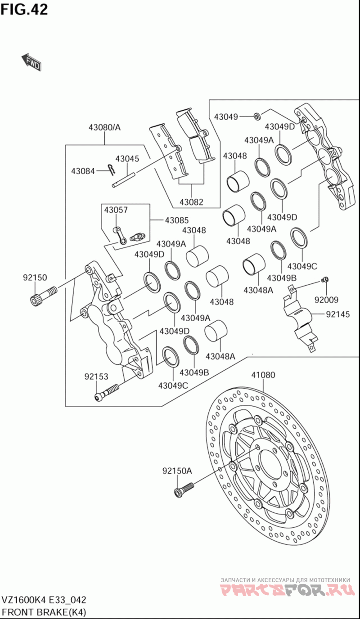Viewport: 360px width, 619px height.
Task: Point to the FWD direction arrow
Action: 31,63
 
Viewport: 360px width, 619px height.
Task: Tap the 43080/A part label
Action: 104,127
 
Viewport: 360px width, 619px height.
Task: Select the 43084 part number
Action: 83,171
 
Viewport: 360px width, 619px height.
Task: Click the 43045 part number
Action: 127,159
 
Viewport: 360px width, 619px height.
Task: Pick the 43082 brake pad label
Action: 191,202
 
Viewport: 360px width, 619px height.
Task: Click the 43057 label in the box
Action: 116,210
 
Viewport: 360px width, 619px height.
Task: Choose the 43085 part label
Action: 176,220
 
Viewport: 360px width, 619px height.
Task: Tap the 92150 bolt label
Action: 35,278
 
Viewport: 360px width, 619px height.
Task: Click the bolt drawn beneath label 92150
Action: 43,295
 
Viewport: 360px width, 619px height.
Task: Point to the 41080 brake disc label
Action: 263,375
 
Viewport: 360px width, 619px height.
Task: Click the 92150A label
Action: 177,471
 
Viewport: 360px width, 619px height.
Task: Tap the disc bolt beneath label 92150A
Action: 184,489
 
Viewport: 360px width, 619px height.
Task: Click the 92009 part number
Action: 327,300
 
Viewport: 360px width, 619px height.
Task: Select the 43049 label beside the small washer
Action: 226,117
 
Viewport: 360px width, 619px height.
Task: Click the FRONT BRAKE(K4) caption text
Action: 44,612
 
